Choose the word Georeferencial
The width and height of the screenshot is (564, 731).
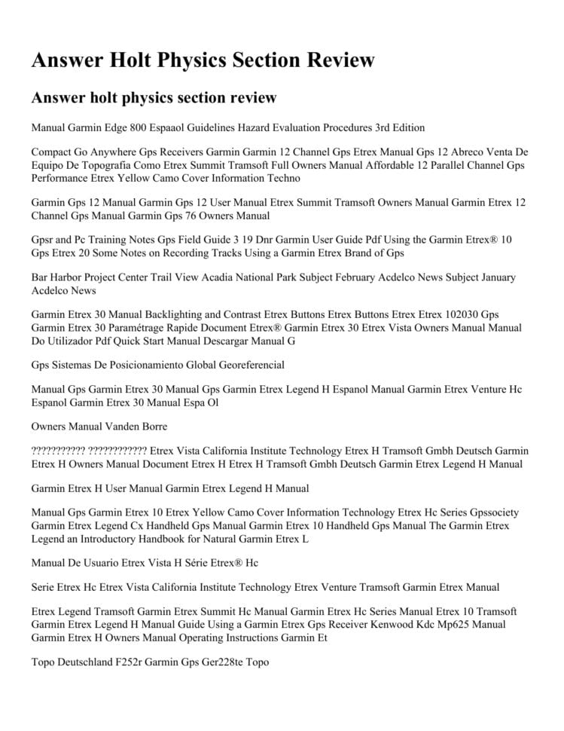[x=237, y=365]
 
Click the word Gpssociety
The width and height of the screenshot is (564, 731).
[x=492, y=512]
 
